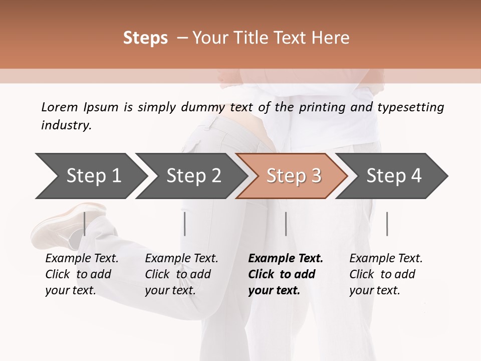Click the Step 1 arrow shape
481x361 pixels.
click(x=90, y=176)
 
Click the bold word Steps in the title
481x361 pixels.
click(x=145, y=38)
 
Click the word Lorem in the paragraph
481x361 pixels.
click(x=60, y=107)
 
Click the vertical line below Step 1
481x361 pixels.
click(x=85, y=224)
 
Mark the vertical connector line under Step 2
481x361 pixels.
click(x=185, y=224)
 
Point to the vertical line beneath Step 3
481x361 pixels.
click(x=286, y=224)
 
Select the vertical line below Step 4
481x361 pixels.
click(x=387, y=224)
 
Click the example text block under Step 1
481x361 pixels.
click(x=82, y=274)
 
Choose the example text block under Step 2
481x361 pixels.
click(x=181, y=274)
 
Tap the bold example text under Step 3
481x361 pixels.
click(x=286, y=274)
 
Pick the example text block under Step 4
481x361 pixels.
click(x=386, y=274)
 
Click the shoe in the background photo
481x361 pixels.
click(x=65, y=226)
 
